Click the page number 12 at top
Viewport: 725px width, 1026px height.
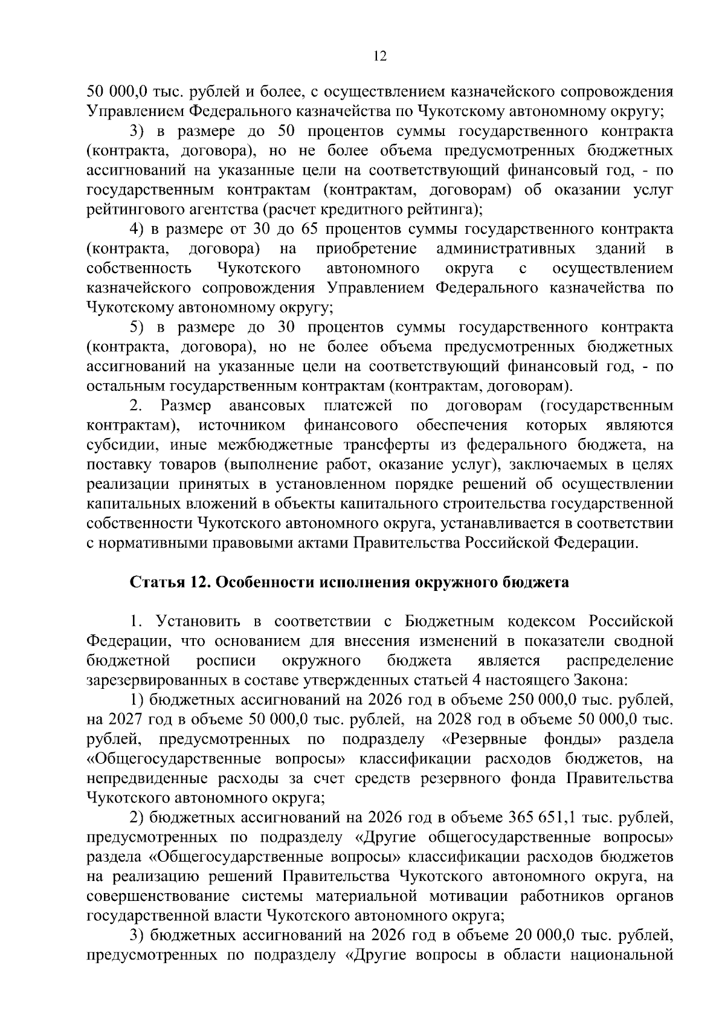(x=380, y=56)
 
